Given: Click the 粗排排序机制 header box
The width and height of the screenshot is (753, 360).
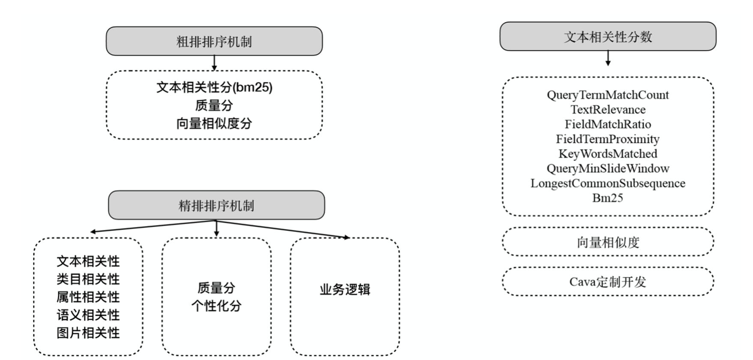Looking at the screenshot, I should click(x=214, y=42).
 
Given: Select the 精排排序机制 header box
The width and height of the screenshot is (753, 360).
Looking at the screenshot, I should click(x=216, y=206).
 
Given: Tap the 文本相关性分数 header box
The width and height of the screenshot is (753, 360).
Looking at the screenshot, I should click(x=607, y=37).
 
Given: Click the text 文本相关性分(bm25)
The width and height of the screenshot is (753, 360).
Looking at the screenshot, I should click(x=214, y=87).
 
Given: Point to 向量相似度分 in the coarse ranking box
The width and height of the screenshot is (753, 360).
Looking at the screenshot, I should click(x=214, y=123).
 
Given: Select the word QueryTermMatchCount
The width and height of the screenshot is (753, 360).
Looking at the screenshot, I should click(x=607, y=95).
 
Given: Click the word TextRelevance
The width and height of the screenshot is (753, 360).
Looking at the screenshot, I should click(x=607, y=110).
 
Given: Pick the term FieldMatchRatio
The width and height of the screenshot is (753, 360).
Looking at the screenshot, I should click(x=607, y=124).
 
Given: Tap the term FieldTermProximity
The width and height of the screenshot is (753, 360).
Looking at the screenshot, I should click(x=607, y=139).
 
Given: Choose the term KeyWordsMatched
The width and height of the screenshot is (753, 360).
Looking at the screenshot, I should click(x=607, y=154).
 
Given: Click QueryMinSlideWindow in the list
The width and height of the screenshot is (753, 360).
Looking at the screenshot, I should click(x=607, y=168).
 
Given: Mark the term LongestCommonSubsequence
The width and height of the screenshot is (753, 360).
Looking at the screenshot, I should click(x=607, y=183).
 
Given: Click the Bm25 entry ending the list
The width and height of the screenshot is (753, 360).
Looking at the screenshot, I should click(x=607, y=198).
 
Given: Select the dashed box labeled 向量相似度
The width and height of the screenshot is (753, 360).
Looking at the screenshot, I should click(x=607, y=242).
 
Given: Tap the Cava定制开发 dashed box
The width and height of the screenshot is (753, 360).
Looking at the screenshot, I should click(x=607, y=282).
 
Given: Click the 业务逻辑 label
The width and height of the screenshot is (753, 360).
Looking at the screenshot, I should click(x=345, y=290).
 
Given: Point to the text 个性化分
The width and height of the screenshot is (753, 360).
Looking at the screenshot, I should click(x=216, y=306).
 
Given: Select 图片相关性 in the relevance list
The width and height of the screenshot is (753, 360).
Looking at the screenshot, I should click(x=88, y=333).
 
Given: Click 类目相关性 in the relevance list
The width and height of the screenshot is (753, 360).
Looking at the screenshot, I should click(x=88, y=279).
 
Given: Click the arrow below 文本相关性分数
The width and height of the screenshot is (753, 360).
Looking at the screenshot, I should click(x=608, y=58).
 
